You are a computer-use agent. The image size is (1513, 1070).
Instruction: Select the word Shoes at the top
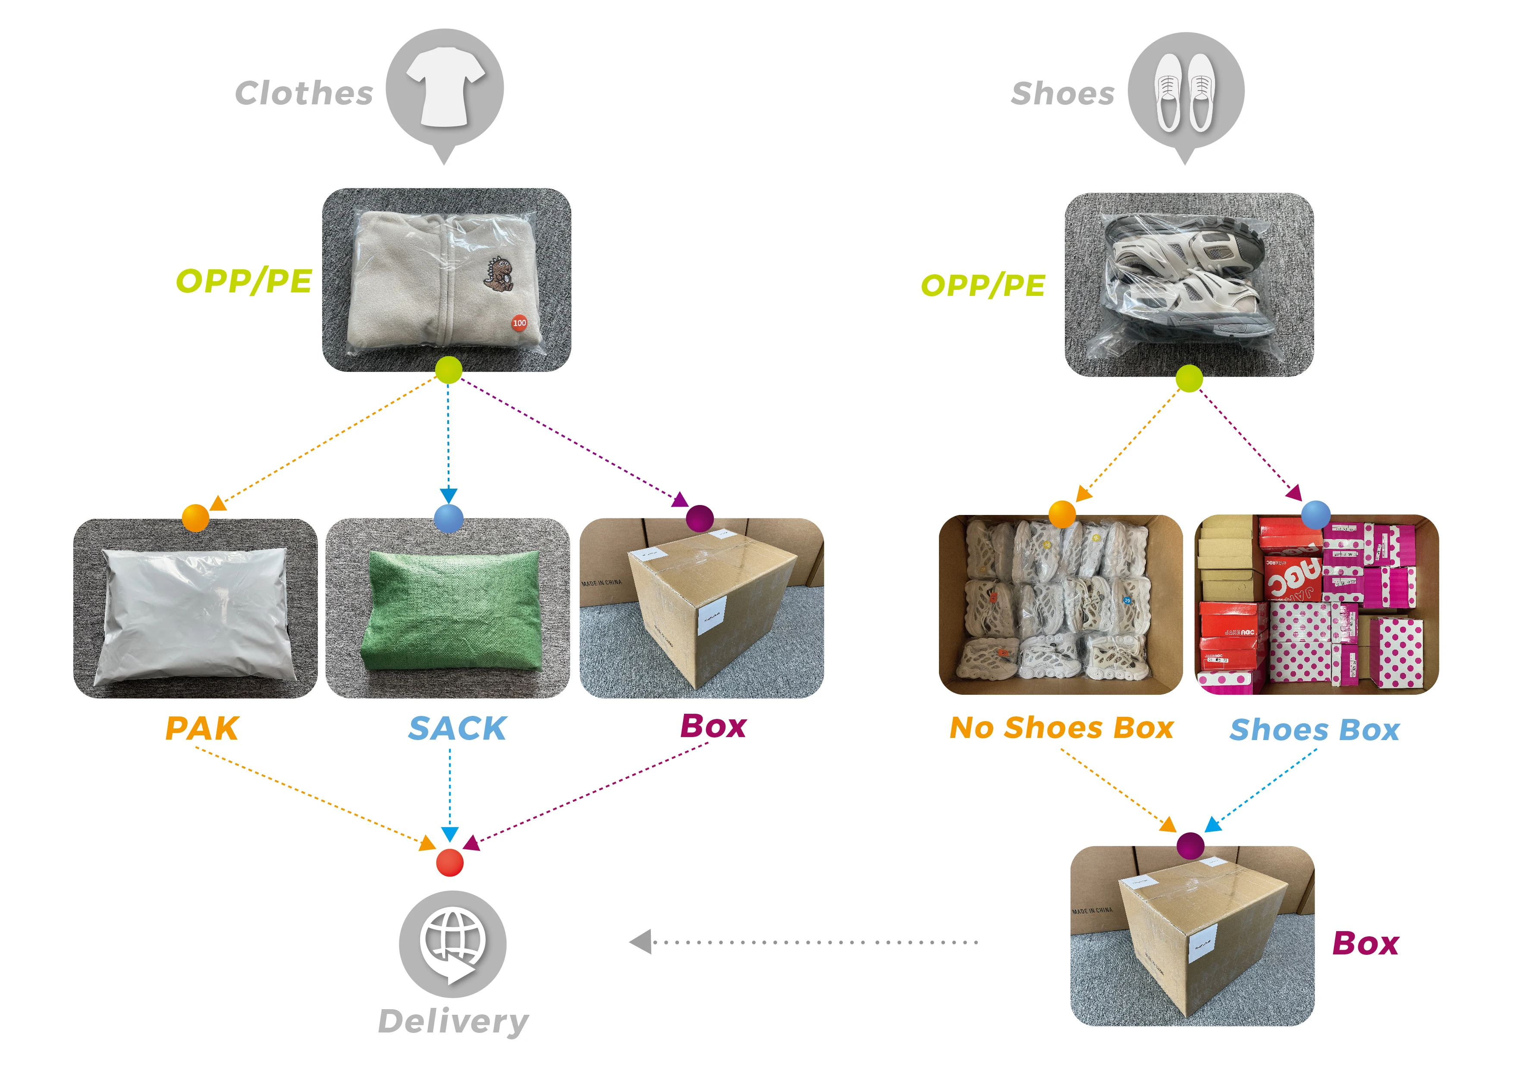1062,94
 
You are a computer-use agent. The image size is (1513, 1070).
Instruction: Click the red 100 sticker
519,323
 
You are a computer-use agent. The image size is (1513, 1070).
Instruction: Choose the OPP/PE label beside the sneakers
983,285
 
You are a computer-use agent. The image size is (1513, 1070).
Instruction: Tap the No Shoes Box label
1061,728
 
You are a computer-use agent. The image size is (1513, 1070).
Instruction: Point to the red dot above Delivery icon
449,863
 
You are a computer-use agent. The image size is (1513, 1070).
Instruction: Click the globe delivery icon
452,944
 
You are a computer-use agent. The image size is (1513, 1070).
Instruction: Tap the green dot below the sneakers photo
1189,379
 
